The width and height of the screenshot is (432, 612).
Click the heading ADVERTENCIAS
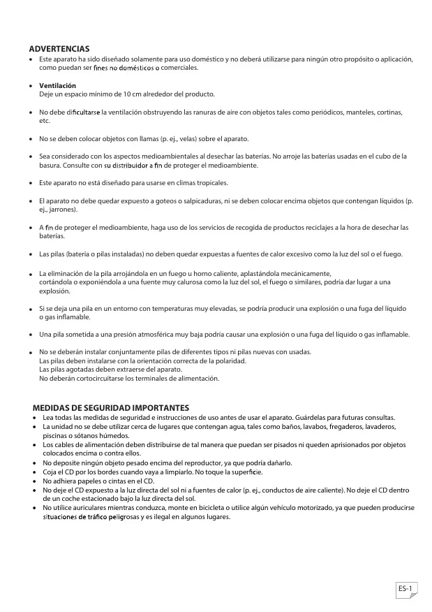point(59,49)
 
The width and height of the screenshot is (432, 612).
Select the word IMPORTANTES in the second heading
point(161,407)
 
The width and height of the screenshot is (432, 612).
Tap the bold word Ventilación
point(57,85)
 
